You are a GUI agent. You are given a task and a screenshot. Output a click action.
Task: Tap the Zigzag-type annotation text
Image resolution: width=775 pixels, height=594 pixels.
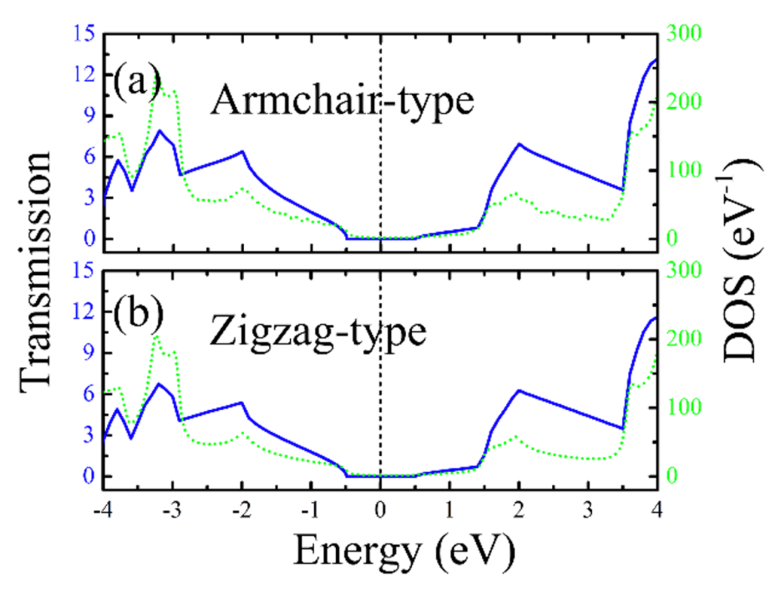pyautogui.click(x=319, y=333)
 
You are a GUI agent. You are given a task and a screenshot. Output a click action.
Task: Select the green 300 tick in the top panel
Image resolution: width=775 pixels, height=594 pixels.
pyautogui.click(x=685, y=33)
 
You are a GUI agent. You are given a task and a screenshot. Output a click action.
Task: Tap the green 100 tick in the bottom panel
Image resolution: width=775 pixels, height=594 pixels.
pyautogui.click(x=685, y=407)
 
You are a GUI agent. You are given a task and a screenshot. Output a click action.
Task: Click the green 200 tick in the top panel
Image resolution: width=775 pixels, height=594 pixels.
pyautogui.click(x=685, y=101)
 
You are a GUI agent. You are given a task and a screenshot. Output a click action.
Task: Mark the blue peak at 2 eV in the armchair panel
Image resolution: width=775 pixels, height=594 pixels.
pyautogui.click(x=519, y=144)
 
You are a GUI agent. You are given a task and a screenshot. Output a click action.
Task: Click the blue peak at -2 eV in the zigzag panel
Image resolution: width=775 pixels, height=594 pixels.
pyautogui.click(x=242, y=402)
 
